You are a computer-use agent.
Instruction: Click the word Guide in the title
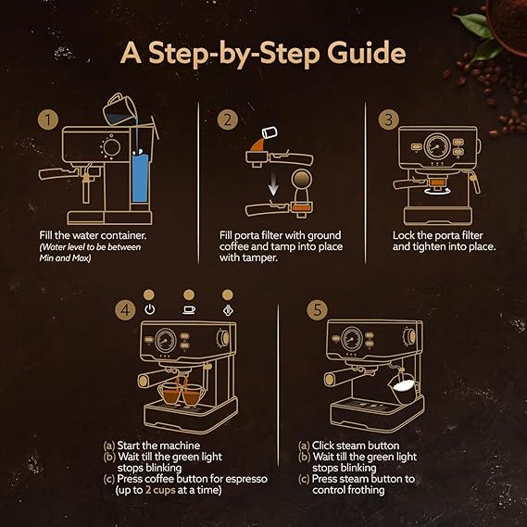pyautogui.click(x=367, y=53)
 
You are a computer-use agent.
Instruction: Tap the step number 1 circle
pyautogui.click(x=48, y=119)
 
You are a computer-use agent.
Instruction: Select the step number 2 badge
pyautogui.click(x=228, y=119)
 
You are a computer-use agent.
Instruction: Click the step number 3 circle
pyautogui.click(x=389, y=119)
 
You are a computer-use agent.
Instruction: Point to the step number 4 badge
pyautogui.click(x=125, y=309)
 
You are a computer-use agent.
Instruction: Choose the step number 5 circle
pyautogui.click(x=318, y=309)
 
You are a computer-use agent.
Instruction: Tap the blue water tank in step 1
pyautogui.click(x=140, y=178)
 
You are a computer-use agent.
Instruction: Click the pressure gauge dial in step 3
pyautogui.click(x=437, y=146)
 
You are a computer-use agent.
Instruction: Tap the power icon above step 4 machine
pyautogui.click(x=149, y=309)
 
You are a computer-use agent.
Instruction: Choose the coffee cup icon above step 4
pyautogui.click(x=189, y=309)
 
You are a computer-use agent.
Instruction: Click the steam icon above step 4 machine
pyautogui.click(x=228, y=310)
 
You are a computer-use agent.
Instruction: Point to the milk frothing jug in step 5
pyautogui.click(x=403, y=388)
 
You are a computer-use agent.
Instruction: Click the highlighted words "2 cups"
pyautogui.click(x=160, y=490)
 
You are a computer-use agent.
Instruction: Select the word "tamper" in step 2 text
pyautogui.click(x=259, y=258)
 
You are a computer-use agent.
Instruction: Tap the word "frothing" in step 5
pyautogui.click(x=366, y=490)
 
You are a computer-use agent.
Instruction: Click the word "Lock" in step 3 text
pyautogui.click(x=403, y=235)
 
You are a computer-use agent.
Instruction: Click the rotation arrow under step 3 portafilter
pyautogui.click(x=436, y=192)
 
